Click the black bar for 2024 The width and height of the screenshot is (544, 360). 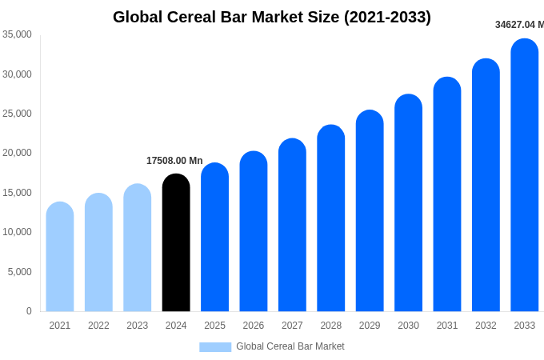tap(176, 244)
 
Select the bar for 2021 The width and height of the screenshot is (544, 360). tap(60, 258)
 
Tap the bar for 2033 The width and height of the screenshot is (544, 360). tap(525, 176)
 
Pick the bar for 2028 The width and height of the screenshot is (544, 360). tap(331, 219)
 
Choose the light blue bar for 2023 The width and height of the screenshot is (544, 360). tap(138, 249)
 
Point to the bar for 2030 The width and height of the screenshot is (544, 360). tap(408, 204)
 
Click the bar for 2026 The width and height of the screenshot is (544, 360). tap(254, 232)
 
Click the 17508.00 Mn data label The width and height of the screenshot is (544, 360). tap(174, 161)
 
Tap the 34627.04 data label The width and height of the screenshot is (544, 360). tap(518, 25)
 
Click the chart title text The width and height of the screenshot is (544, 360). tap(272, 17)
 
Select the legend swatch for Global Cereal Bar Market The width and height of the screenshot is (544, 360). tap(215, 347)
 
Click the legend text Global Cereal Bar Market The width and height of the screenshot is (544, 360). tap(290, 346)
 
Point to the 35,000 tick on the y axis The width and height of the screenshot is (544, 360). tap(17, 34)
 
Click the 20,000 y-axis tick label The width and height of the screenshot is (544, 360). tap(17, 153)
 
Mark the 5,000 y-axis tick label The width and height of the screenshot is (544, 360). tap(19, 272)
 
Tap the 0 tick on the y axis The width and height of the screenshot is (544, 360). tap(29, 311)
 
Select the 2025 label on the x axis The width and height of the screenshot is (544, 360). tap(214, 326)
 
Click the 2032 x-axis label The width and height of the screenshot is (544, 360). tap(486, 326)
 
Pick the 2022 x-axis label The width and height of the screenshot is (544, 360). tap(98, 326)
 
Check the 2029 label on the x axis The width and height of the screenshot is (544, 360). tap(370, 326)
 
